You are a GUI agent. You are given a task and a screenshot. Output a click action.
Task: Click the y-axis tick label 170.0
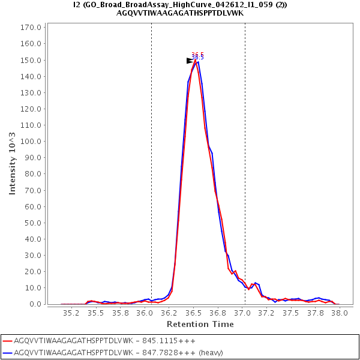pyautogui.click(x=31, y=28)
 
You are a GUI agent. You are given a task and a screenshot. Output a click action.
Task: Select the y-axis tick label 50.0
pyautogui.click(x=32, y=223)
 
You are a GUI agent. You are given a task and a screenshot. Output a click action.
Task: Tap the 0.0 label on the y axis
pyautogui.click(x=35, y=304)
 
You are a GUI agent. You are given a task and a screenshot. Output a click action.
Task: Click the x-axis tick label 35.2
pyautogui.click(x=72, y=313)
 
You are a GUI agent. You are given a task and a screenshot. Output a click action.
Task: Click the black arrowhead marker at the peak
pyautogui.click(x=190, y=61)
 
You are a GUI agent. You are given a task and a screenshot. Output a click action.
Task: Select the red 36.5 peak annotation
pyautogui.click(x=197, y=54)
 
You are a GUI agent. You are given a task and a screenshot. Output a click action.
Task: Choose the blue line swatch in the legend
pyautogui.click(x=7, y=352)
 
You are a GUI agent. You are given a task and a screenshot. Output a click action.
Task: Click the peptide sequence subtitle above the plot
pyautogui.click(x=180, y=13)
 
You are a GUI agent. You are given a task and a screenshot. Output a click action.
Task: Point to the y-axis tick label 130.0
pyautogui.click(x=31, y=92)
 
